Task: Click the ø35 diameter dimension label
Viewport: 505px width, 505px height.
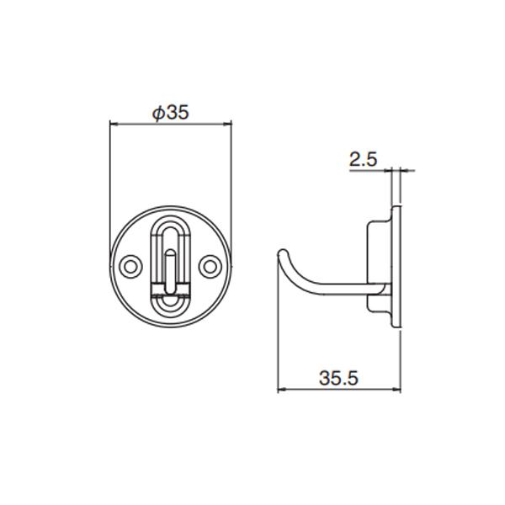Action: pyautogui.click(x=171, y=113)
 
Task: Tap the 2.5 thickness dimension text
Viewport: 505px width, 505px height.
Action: pyautogui.click(x=363, y=159)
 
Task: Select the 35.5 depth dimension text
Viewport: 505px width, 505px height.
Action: pyautogui.click(x=338, y=378)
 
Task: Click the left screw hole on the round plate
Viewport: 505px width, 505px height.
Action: pyautogui.click(x=130, y=267)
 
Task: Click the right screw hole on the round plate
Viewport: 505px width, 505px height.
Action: pyautogui.click(x=210, y=267)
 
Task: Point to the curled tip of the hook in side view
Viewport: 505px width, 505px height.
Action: pyautogui.click(x=283, y=252)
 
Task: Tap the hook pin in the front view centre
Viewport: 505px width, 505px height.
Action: pyautogui.click(x=170, y=271)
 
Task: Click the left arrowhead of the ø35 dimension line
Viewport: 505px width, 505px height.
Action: pyautogui.click(x=114, y=124)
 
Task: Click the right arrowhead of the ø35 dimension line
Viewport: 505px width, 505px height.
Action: pyautogui.click(x=227, y=124)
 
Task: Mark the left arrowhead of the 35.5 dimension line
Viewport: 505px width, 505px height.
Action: pyautogui.click(x=282, y=390)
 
